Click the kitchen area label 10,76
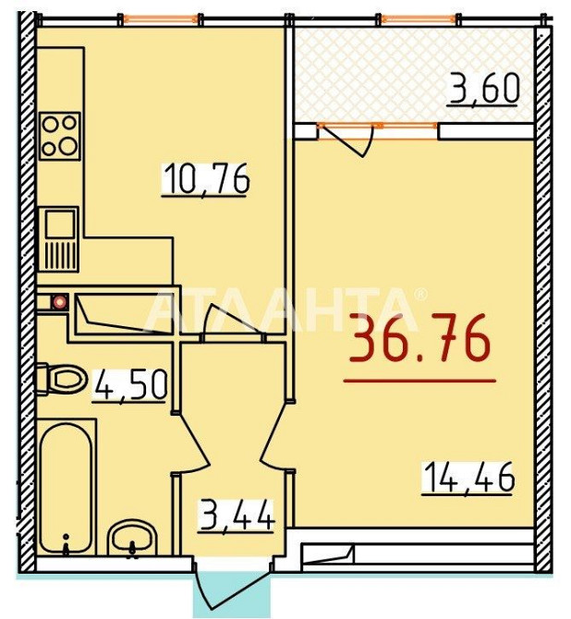pyautogui.click(x=206, y=179)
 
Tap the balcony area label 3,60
pyautogui.click(x=483, y=90)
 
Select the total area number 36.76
pyautogui.click(x=419, y=338)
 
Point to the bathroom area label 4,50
pyautogui.click(x=129, y=385)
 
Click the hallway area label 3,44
pyautogui.click(x=237, y=515)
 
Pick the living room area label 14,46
pyautogui.click(x=468, y=478)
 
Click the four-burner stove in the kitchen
pyautogui.click(x=60, y=136)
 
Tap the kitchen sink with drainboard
pyautogui.click(x=59, y=239)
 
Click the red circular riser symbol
pyautogui.click(x=59, y=302)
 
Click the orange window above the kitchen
pyautogui.click(x=161, y=18)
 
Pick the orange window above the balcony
pyautogui.click(x=419, y=18)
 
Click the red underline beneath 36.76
pyautogui.click(x=419, y=381)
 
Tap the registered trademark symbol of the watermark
pyautogui.click(x=421, y=294)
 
